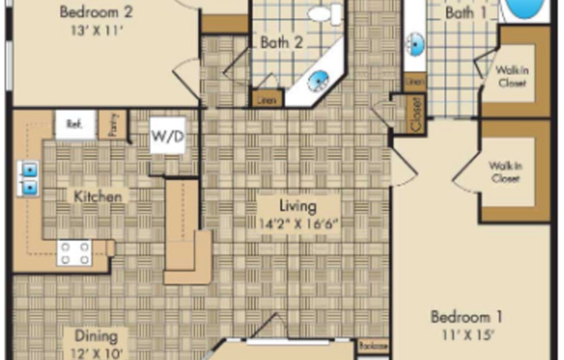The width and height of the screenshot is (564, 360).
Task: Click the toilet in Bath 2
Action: (x=322, y=14)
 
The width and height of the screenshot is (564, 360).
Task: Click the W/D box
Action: (x=167, y=136)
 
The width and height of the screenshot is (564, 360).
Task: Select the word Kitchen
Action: (x=97, y=196)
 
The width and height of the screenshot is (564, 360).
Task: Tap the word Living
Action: (x=297, y=207)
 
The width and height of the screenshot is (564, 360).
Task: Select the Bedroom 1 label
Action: (x=467, y=316)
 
